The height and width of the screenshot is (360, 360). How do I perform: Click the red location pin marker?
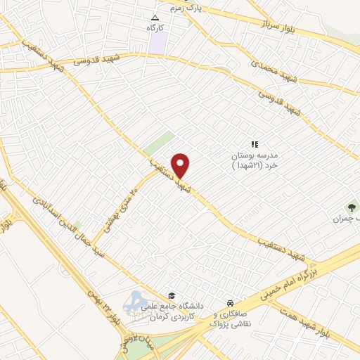[181, 165]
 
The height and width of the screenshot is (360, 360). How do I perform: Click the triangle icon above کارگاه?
[156, 18]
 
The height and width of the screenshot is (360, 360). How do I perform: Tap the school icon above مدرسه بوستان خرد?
[255, 143]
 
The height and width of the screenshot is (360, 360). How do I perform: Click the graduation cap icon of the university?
[171, 295]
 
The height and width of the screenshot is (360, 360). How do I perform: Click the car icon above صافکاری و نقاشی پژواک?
[230, 302]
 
